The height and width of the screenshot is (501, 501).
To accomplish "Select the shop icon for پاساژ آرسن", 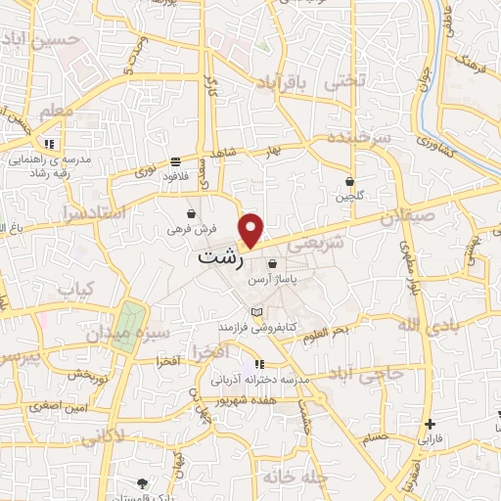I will pyautogui.click(x=272, y=263).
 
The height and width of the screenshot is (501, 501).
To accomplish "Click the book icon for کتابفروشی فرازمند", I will pyautogui.click(x=257, y=312).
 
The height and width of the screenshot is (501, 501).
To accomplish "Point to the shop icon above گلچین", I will pyautogui.click(x=349, y=181).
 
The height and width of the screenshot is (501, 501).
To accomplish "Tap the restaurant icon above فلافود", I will pyautogui.click(x=175, y=161).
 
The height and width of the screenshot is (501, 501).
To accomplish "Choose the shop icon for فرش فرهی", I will pyautogui.click(x=190, y=214).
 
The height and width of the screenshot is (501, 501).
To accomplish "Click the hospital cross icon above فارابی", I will pyautogui.click(x=430, y=424).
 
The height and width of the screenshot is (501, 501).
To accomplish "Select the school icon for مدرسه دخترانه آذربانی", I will pyautogui.click(x=258, y=364).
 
